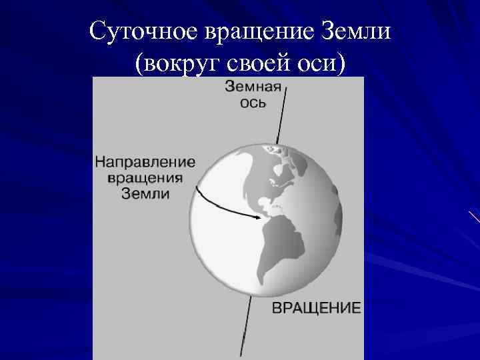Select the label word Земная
255,87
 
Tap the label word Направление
145,162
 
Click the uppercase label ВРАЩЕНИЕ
316,308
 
